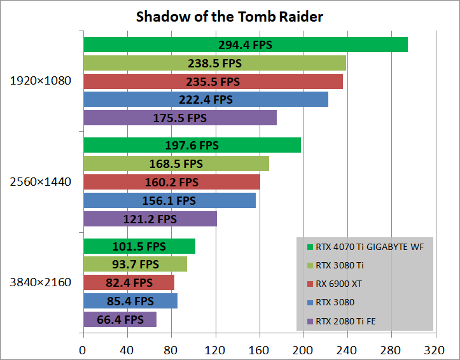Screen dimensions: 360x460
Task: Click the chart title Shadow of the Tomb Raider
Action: pos(229,17)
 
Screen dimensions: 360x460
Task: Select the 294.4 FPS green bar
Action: pos(245,45)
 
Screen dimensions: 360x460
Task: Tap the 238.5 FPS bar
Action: pos(214,63)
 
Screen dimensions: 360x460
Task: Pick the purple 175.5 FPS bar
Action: pos(180,118)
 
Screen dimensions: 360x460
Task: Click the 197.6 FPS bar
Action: pos(192,145)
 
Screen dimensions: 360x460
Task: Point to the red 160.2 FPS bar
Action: pos(171,182)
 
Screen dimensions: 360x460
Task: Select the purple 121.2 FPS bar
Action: pos(150,219)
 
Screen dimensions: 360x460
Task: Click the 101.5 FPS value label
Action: pos(139,246)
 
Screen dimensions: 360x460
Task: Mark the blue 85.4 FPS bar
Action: pos(130,301)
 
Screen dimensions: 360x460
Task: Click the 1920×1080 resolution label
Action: pos(41,81)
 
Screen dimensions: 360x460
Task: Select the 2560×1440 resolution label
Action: pos(41,182)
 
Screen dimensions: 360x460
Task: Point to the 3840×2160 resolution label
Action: pos(41,282)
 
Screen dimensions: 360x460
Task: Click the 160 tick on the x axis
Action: pos(259,350)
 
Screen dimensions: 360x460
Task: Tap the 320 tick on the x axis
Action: pos(435,350)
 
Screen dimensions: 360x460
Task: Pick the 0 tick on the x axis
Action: pos(83,350)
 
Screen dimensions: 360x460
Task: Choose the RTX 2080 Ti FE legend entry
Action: pos(347,321)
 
